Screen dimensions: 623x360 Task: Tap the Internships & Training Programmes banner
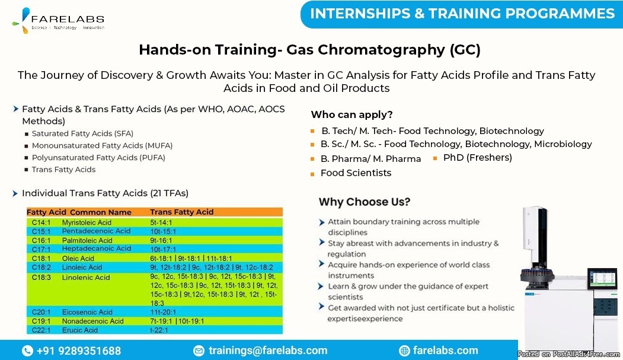pyautogui.click(x=462, y=14)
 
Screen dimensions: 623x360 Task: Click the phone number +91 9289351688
pyautogui.click(x=79, y=351)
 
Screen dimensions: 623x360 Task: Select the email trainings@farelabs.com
pyautogui.click(x=268, y=351)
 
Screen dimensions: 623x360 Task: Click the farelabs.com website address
pyautogui.click(x=445, y=351)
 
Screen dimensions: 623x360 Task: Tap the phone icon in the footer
pyautogui.click(x=27, y=351)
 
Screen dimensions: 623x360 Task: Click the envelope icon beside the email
pyautogui.click(x=199, y=351)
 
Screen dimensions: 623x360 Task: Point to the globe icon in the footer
pyautogui.click(x=404, y=351)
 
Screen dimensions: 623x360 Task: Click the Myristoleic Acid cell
pyautogui.click(x=87, y=222)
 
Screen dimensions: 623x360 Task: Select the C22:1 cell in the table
pyautogui.click(x=41, y=330)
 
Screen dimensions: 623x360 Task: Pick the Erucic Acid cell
pyautogui.click(x=80, y=330)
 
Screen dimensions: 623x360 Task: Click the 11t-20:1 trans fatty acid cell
pyautogui.click(x=163, y=313)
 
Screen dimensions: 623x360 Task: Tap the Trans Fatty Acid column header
pyautogui.click(x=181, y=212)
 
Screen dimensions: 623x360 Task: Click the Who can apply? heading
pyautogui.click(x=352, y=115)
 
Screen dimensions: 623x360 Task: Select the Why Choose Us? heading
pyautogui.click(x=365, y=202)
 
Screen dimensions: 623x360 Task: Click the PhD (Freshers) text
pyautogui.click(x=478, y=158)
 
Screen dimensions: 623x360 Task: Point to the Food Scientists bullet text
pyautogui.click(x=356, y=173)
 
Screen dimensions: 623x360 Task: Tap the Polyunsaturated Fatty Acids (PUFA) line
pyautogui.click(x=98, y=158)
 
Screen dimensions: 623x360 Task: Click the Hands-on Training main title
pyautogui.click(x=309, y=50)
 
